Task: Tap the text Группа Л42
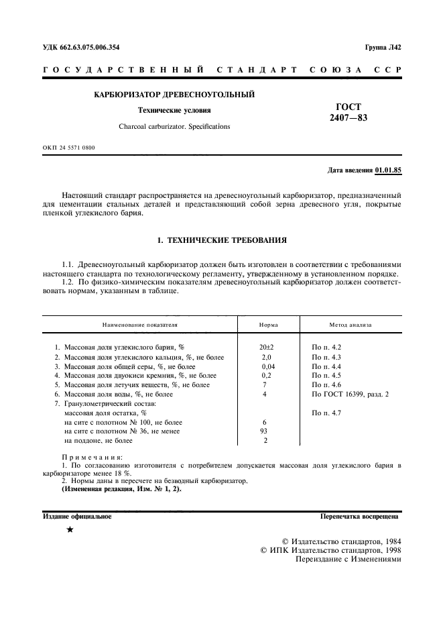tap(383, 48)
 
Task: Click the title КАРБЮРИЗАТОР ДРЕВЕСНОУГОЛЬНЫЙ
tap(174, 95)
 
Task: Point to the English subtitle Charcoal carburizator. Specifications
tap(174, 126)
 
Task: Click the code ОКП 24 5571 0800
tap(69, 147)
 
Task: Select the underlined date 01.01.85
tap(389, 170)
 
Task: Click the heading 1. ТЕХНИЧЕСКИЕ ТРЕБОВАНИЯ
tap(221, 240)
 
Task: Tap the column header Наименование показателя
tap(140, 325)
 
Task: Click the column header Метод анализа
tap(350, 325)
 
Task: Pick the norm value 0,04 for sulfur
tap(267, 366)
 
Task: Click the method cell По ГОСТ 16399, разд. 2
tap(350, 395)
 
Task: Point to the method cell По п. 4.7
tap(326, 413)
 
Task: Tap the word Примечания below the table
tap(87, 457)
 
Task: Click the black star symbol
tap(70, 530)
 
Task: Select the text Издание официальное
tap(77, 517)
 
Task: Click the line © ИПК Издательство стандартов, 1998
tap(330, 549)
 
